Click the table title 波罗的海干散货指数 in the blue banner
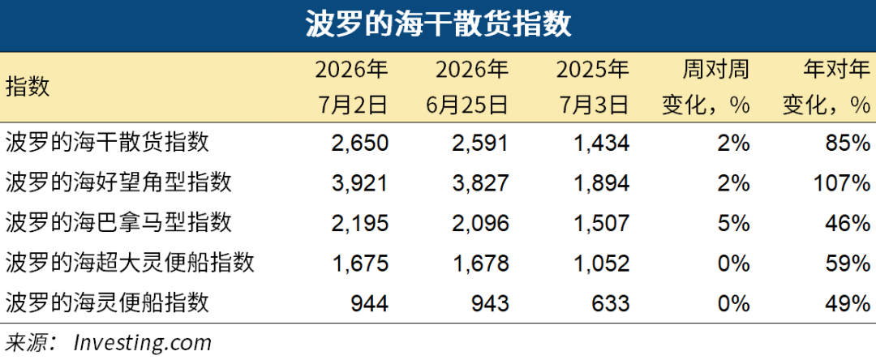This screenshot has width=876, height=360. [x=438, y=26]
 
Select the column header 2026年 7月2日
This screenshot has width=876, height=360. [x=351, y=87]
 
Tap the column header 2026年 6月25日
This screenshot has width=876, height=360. [x=471, y=87]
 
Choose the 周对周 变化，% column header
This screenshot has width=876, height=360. [x=706, y=87]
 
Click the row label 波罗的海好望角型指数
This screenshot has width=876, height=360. [x=118, y=182]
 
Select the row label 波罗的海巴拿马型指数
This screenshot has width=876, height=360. [x=118, y=223]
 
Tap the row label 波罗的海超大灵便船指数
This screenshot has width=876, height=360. [x=130, y=263]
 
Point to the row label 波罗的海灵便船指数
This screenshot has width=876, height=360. [x=107, y=303]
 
